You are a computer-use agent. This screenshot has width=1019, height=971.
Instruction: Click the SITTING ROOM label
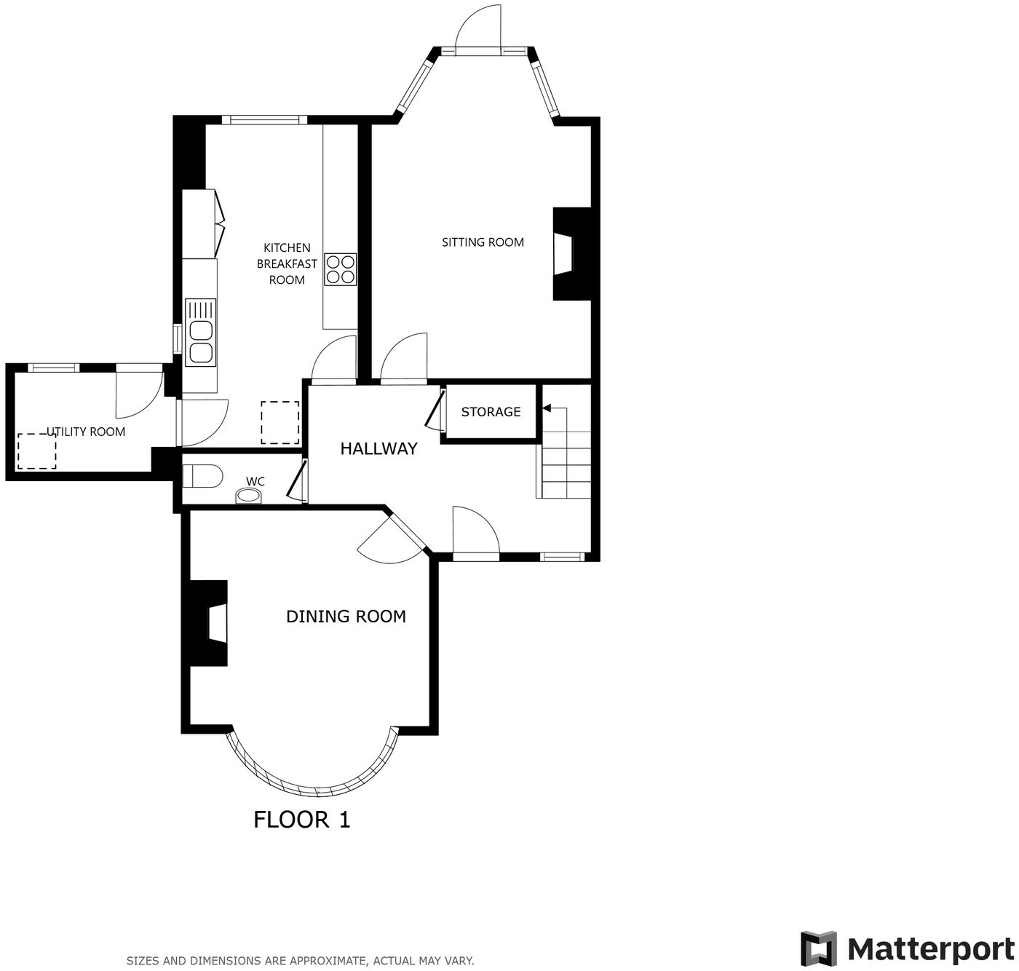[x=483, y=242]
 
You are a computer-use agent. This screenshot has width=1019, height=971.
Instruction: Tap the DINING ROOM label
[x=346, y=617]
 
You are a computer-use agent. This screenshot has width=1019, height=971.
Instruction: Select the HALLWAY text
[x=378, y=448]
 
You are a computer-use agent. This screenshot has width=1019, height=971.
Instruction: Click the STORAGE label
[x=491, y=412]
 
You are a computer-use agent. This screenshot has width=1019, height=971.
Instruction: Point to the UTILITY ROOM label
[x=87, y=432]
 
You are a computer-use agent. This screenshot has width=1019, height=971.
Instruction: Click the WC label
[x=255, y=481]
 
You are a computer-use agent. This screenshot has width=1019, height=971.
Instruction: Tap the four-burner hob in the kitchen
[x=341, y=269]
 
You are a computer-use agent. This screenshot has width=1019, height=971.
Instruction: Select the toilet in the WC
[x=201, y=477]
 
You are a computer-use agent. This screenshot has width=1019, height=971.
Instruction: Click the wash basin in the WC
[x=249, y=496]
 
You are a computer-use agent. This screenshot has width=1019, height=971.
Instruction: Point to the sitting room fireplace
[x=568, y=254]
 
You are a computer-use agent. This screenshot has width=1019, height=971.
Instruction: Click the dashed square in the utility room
[x=37, y=451]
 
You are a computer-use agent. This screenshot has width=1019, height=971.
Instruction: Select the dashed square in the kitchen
[x=280, y=423]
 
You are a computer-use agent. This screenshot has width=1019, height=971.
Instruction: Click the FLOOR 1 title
[x=301, y=820]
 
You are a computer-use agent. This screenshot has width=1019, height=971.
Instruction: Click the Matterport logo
[x=907, y=949]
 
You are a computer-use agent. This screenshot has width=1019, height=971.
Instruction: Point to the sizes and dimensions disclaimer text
[x=300, y=961]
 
